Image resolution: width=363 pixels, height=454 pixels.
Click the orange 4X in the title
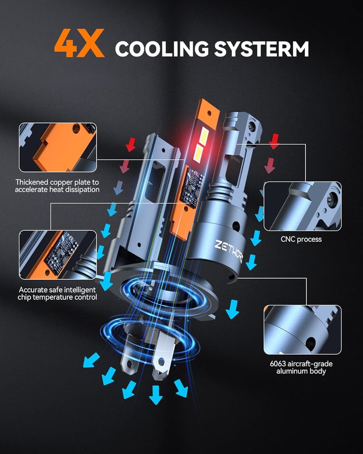[79, 43]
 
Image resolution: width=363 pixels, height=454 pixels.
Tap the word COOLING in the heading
[162, 49]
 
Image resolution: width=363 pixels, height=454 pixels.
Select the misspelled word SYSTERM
[261, 49]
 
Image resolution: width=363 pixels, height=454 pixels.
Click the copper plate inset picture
[58, 148]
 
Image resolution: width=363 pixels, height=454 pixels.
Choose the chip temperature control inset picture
[58, 255]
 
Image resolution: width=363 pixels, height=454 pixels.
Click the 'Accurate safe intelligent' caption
[57, 290]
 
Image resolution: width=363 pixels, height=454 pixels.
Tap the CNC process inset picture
[303, 206]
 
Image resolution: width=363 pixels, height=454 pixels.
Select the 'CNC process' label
[301, 239]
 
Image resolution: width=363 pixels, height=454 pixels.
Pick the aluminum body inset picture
[303, 330]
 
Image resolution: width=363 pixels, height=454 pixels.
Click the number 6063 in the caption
[278, 364]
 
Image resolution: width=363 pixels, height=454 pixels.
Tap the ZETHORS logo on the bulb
[229, 251]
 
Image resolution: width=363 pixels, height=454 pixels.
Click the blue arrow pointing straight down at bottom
[156, 395]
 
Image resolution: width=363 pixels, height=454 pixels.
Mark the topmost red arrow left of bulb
[131, 144]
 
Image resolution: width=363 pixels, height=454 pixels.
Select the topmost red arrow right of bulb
[274, 141]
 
